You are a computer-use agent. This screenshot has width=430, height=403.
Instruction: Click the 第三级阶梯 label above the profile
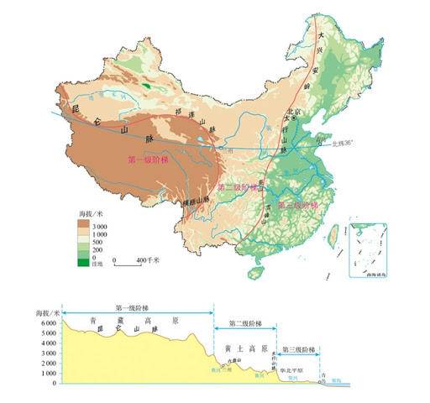[x=299, y=348]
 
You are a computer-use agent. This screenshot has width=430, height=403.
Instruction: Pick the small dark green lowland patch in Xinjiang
[x=148, y=85]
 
